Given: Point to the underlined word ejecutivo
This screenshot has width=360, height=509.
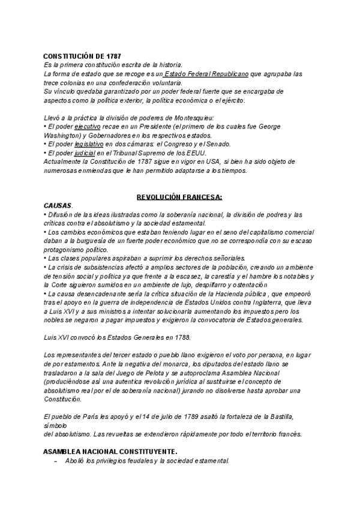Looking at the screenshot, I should (x=87, y=128).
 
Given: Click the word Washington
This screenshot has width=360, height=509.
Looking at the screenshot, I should (x=63, y=136).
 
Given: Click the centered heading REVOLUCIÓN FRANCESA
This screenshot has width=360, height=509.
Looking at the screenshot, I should (x=179, y=197).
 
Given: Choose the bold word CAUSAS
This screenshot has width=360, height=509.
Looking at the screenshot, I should (x=57, y=205).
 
